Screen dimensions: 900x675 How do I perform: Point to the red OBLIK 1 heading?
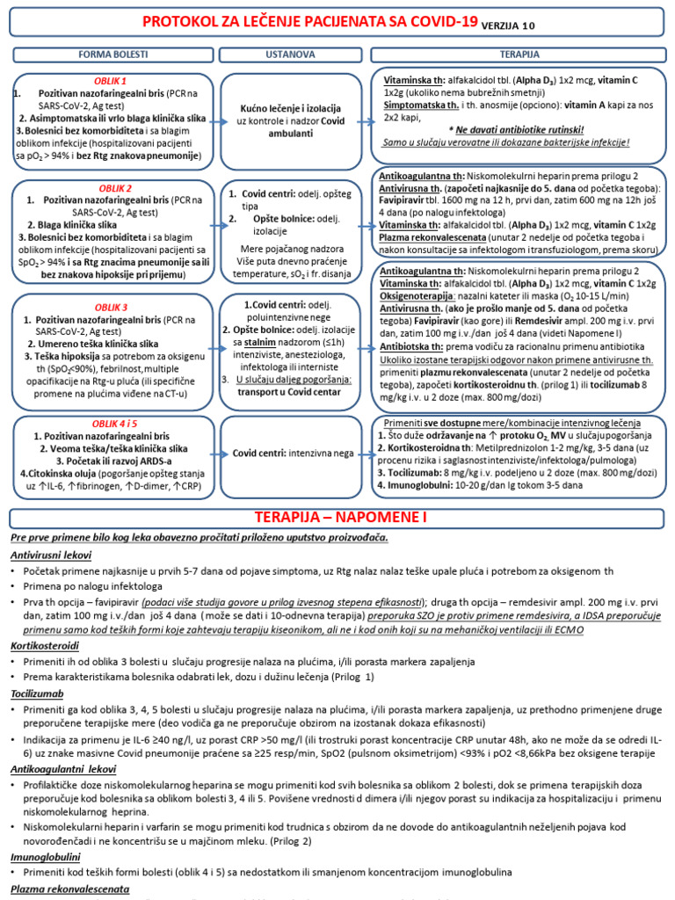click(111, 81)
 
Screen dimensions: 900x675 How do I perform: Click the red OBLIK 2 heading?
click(112, 188)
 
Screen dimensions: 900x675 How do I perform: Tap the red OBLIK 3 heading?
click(112, 308)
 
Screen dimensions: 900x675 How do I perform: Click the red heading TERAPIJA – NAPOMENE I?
click(337, 517)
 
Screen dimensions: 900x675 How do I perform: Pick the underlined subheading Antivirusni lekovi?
click(52, 555)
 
